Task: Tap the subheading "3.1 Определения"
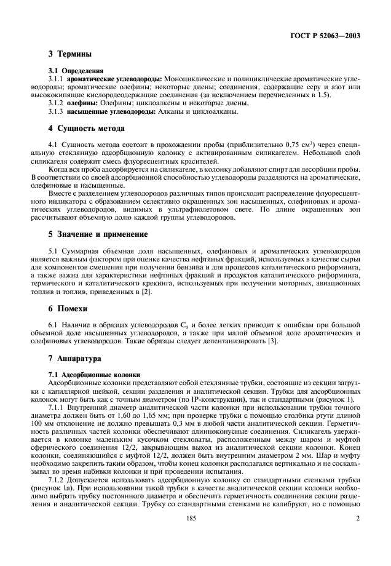point(76,71)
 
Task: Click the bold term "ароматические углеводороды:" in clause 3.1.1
point(114,79)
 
